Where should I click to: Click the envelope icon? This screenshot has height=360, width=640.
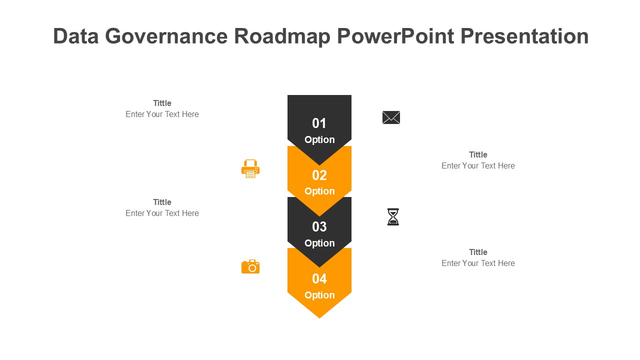pyautogui.click(x=391, y=117)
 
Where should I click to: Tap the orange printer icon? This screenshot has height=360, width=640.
pyautogui.click(x=250, y=169)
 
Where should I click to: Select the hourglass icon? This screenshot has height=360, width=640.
pyautogui.click(x=393, y=217)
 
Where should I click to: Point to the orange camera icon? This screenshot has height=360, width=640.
pyautogui.click(x=250, y=267)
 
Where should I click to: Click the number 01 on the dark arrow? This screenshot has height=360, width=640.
pyautogui.click(x=319, y=123)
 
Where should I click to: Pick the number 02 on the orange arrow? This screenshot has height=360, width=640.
pyautogui.click(x=319, y=175)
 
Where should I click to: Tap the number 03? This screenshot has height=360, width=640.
pyautogui.click(x=319, y=227)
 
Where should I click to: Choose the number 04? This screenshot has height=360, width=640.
pyautogui.click(x=319, y=279)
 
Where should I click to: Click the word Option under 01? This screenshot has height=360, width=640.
pyautogui.click(x=319, y=140)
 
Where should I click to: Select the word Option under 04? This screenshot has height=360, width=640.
pyautogui.click(x=319, y=295)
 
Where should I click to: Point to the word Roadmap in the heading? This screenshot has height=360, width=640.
pyautogui.click(x=282, y=36)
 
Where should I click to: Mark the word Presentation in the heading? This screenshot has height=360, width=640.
pyautogui.click(x=524, y=36)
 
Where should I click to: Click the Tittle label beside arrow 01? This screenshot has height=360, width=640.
pyautogui.click(x=162, y=103)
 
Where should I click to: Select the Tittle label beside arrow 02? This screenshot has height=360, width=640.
pyautogui.click(x=478, y=155)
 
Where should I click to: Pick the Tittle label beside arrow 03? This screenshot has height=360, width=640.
pyautogui.click(x=162, y=202)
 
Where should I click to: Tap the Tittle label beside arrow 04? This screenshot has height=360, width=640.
pyautogui.click(x=478, y=252)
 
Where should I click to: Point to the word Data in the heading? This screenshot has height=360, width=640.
pyautogui.click(x=75, y=36)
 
